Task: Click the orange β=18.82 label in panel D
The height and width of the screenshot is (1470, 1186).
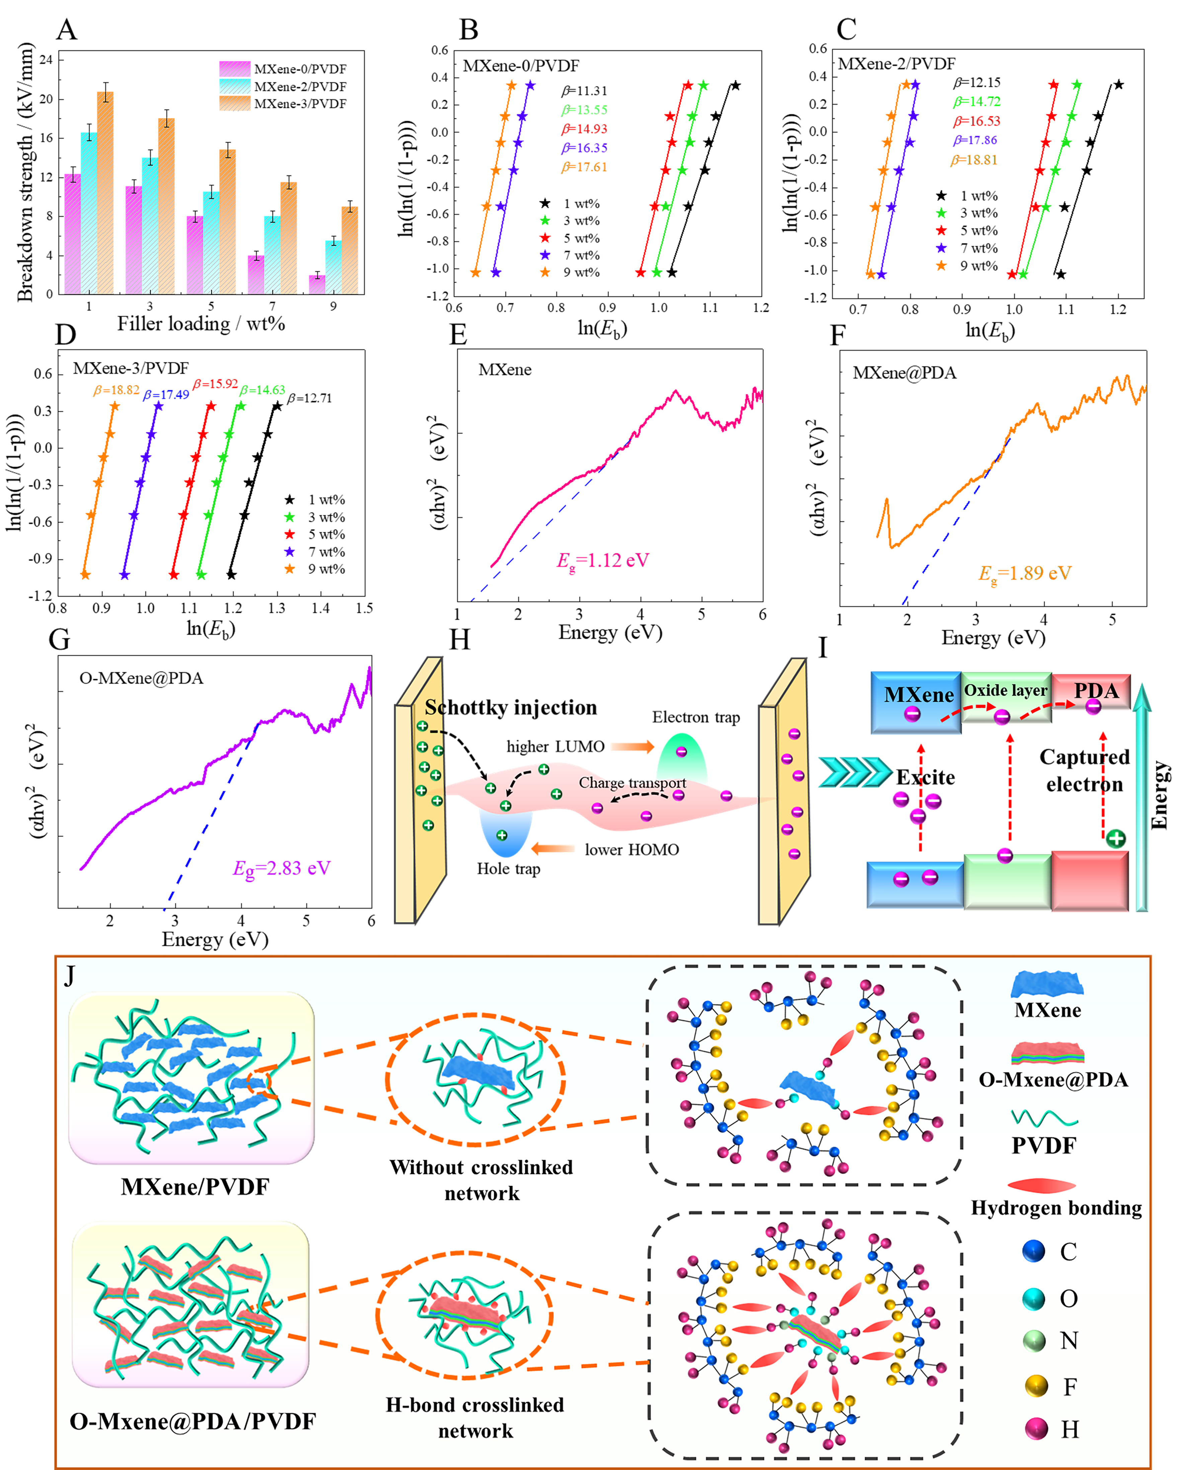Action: click(116, 390)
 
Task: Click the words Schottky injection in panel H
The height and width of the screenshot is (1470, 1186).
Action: click(510, 707)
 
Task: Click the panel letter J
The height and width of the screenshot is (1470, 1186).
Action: click(69, 975)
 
